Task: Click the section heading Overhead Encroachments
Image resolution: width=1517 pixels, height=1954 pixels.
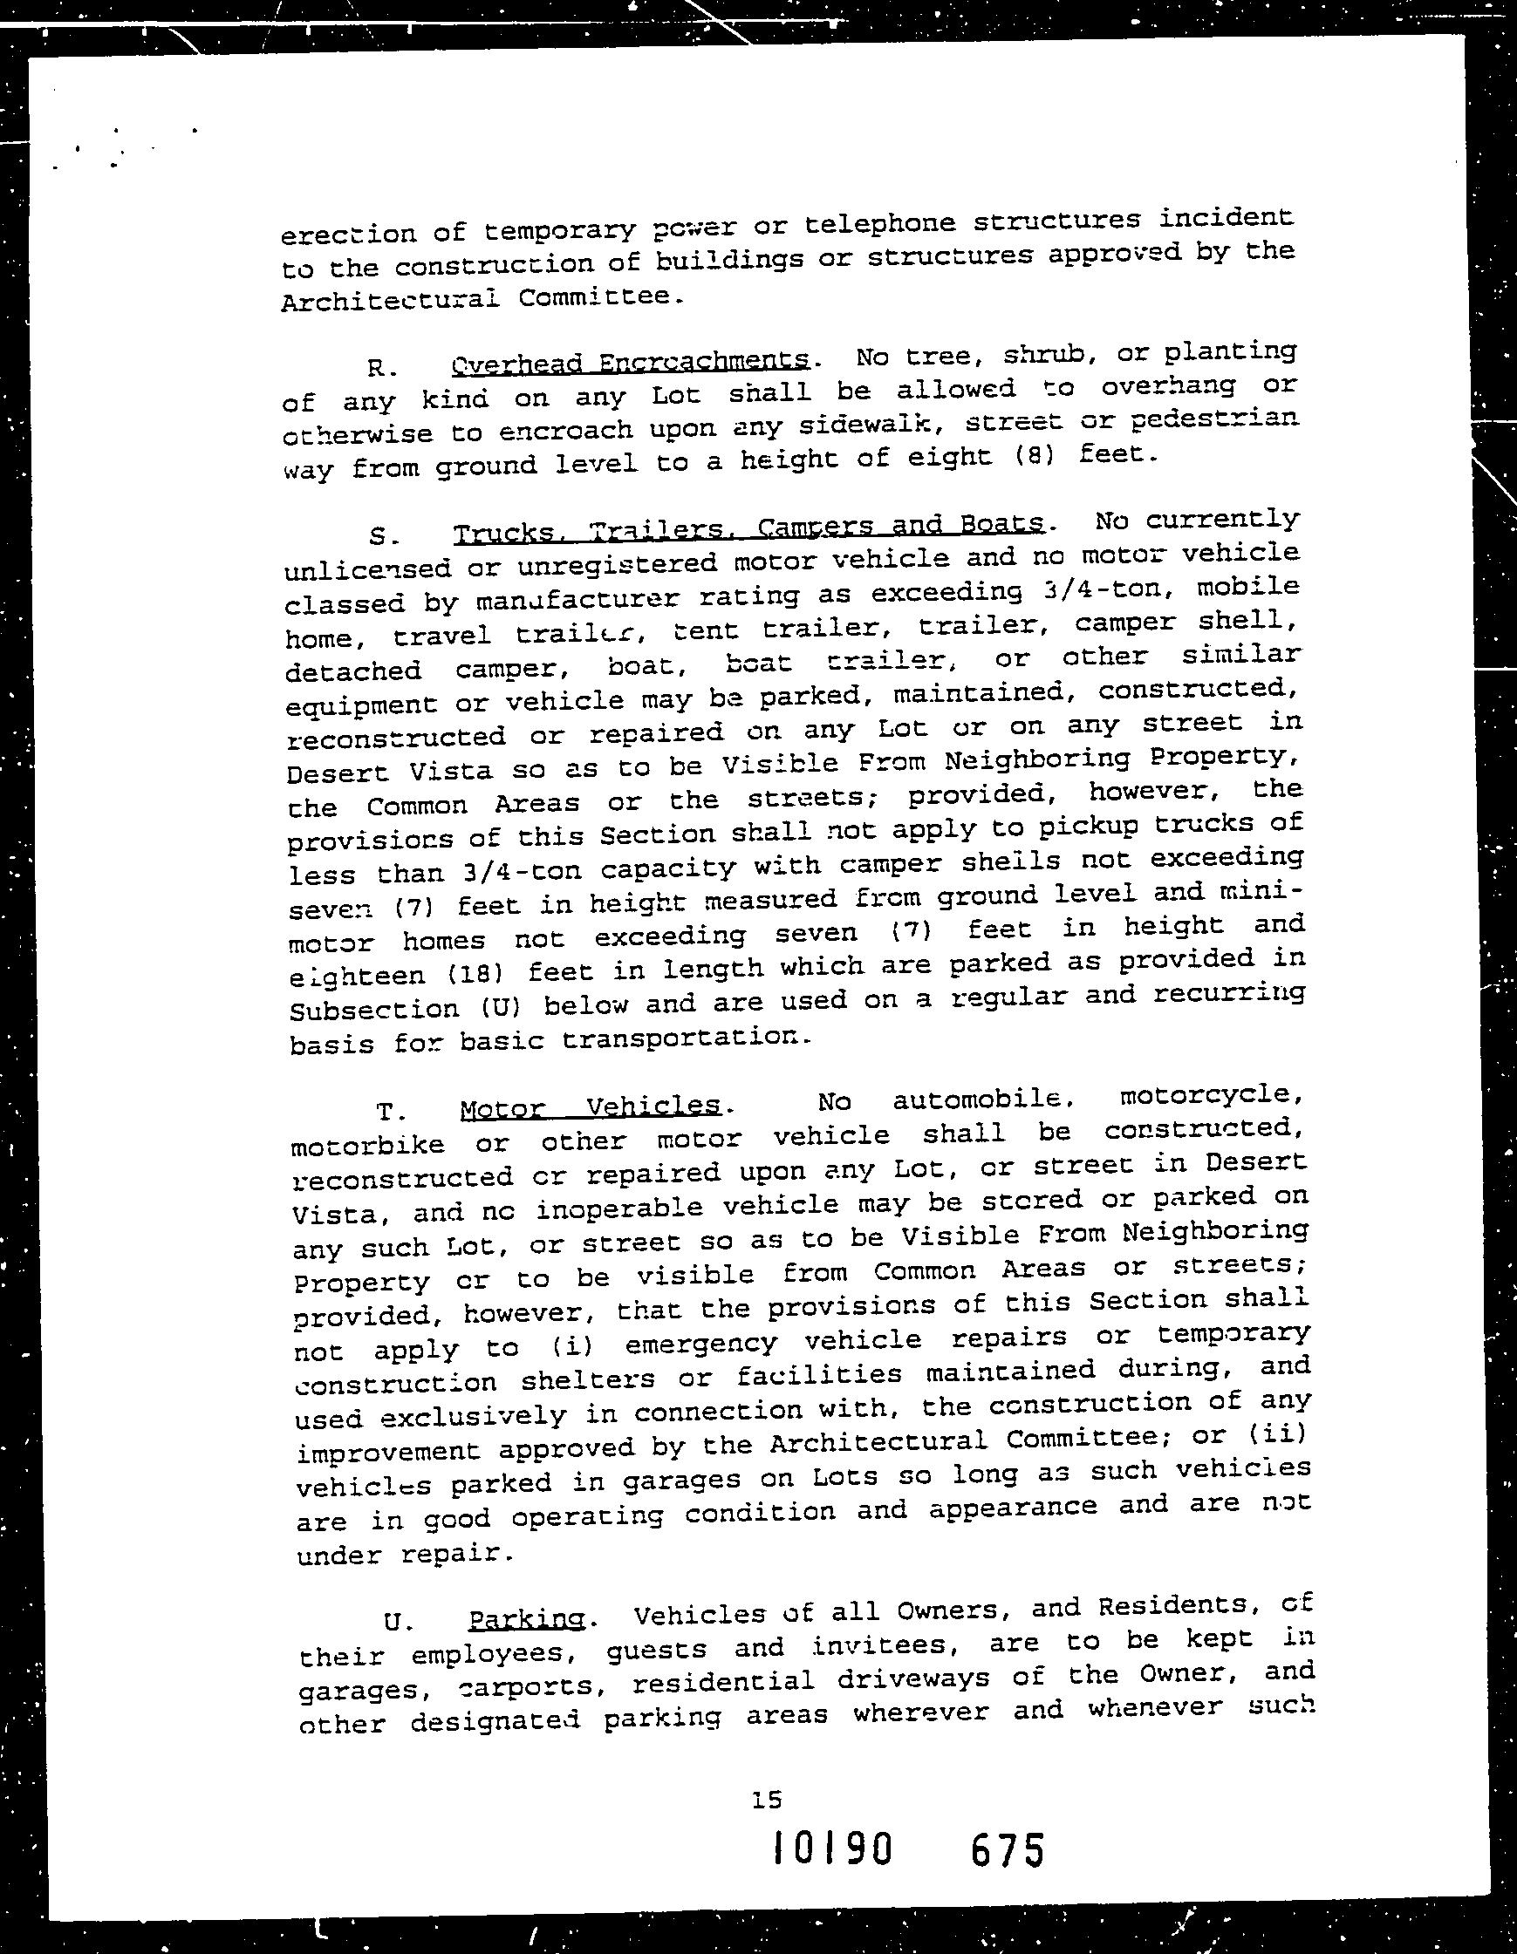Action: coord(631,362)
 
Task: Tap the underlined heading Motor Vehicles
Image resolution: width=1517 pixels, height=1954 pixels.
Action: coord(590,1107)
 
